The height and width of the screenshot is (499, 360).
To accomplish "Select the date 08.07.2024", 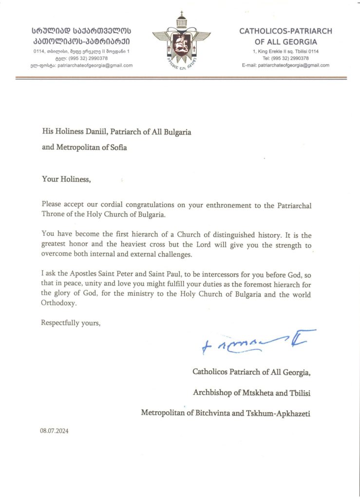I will pos(55,431).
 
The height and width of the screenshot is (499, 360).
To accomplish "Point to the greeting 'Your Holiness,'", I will pos(66,179).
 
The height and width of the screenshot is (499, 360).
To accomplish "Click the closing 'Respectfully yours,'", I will pos(71,323).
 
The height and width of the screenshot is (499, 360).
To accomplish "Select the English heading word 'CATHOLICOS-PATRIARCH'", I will pos(285,31).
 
